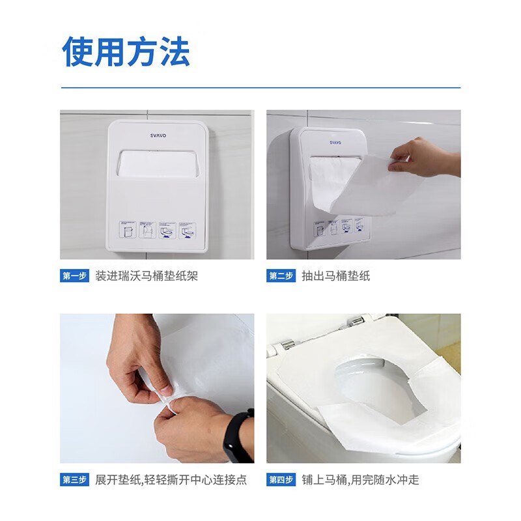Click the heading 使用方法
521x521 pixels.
pos(126,52)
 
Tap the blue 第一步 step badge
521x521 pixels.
pos(74,275)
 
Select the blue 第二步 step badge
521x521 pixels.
pos(281,275)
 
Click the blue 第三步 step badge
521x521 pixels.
pos(74,479)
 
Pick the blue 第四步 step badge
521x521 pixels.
pos(281,479)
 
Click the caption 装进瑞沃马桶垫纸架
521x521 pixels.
pos(147,275)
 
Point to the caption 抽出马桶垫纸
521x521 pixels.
pos(336,275)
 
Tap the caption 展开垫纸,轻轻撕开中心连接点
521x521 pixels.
pos(171,479)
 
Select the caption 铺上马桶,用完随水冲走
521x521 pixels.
pos(361,479)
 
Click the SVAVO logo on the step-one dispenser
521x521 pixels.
pos(158,135)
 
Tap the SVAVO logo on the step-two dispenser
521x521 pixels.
pos(335,143)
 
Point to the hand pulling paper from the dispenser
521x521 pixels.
pos(424,157)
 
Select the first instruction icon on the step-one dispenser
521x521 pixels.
pos(128,230)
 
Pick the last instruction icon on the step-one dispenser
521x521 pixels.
pos(188,231)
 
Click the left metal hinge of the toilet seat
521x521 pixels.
pos(287,345)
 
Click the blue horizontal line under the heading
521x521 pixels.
pos(261,88)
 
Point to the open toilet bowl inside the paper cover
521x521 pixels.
pos(372,386)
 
